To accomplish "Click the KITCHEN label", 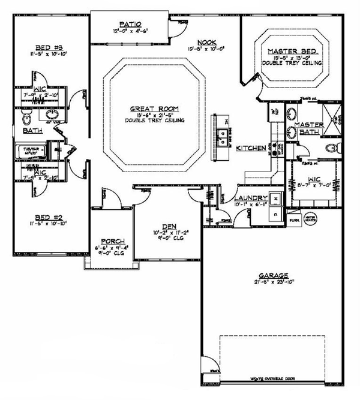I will pos(250,148).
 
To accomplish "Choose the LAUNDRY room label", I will pos(247,198).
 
